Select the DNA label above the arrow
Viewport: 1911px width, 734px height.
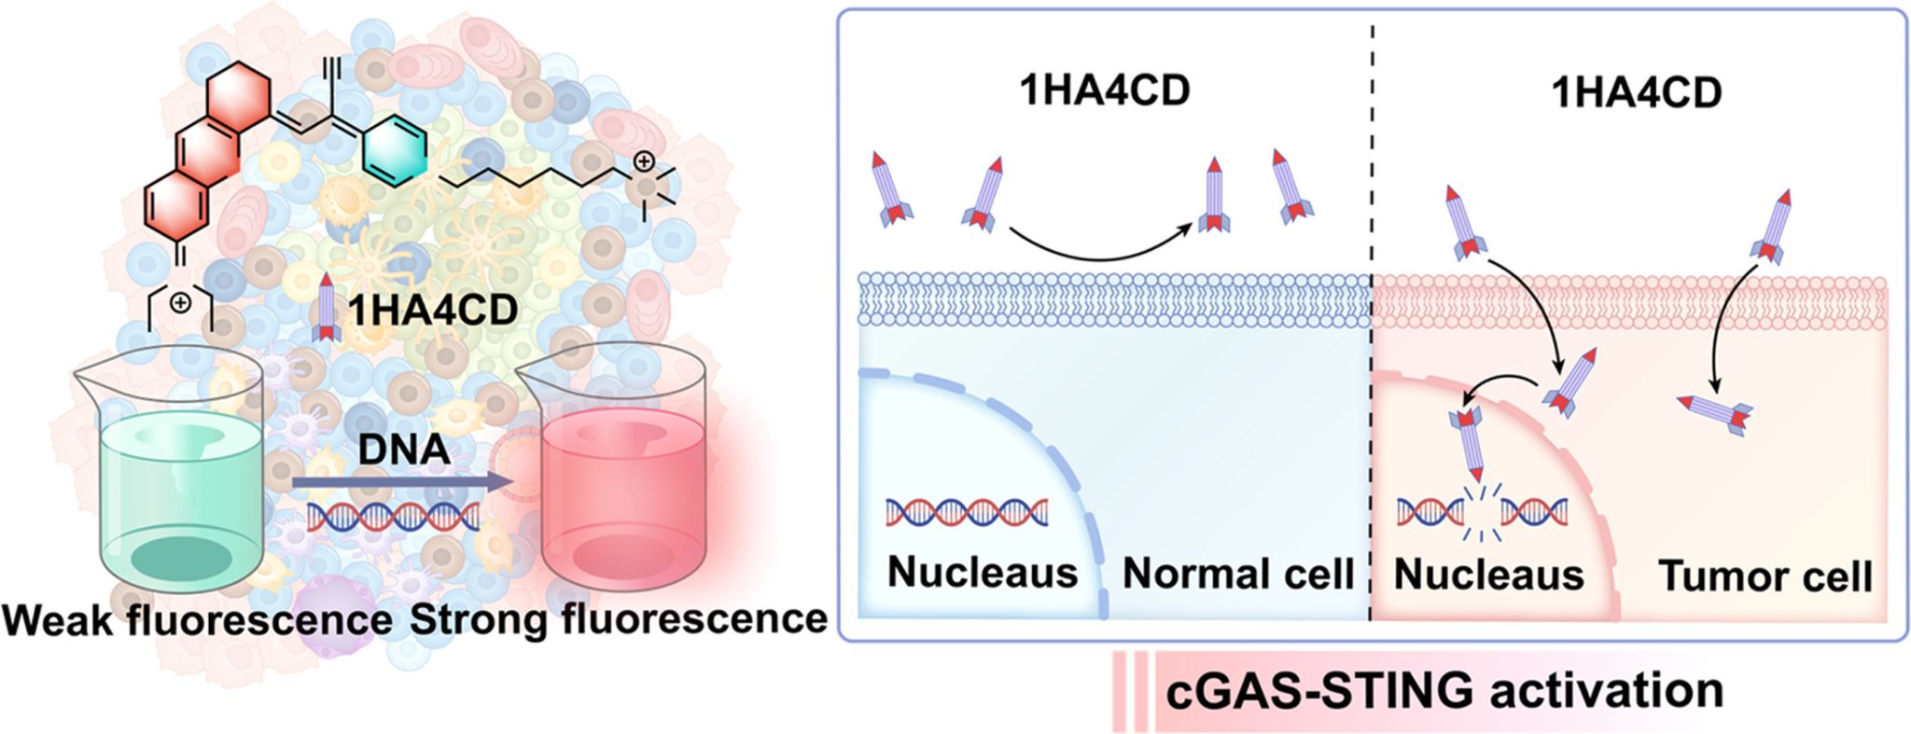click(x=404, y=450)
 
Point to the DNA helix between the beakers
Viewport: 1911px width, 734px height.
click(x=393, y=516)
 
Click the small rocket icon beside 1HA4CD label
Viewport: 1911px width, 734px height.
click(x=326, y=308)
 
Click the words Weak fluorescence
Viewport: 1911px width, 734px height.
click(x=197, y=618)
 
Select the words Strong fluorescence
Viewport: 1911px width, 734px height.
click(x=618, y=618)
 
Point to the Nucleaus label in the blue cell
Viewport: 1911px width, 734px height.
click(x=983, y=572)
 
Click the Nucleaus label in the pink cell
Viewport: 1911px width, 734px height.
click(x=1488, y=575)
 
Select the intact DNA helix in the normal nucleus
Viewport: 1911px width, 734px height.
click(x=967, y=512)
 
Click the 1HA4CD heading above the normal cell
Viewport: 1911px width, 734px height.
click(x=1105, y=92)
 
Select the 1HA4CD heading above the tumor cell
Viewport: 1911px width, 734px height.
click(x=1637, y=92)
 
